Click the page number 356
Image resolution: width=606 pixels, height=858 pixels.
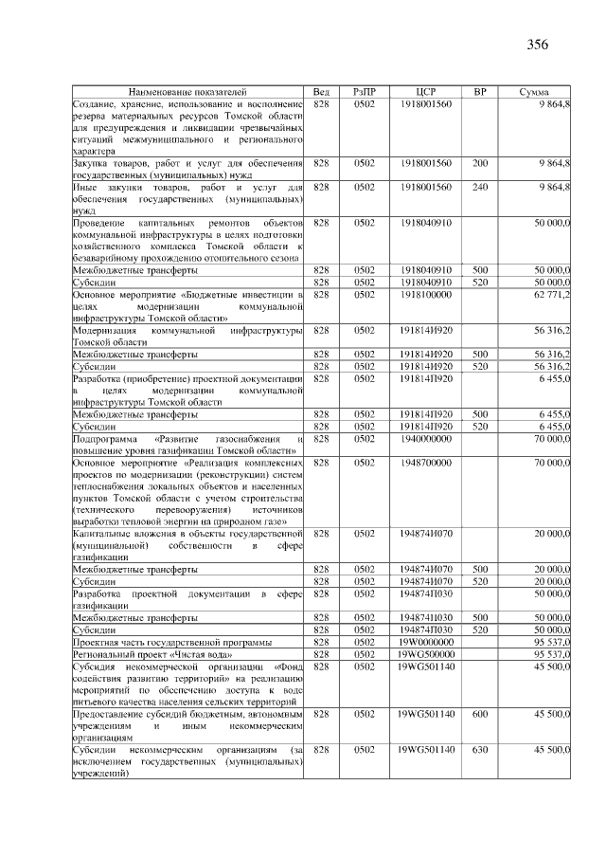point(538,44)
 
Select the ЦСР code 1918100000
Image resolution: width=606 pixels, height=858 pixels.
point(426,295)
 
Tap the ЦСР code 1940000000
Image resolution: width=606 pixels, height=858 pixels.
point(426,439)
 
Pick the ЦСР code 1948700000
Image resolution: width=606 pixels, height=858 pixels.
point(426,463)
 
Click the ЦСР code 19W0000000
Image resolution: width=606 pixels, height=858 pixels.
point(426,642)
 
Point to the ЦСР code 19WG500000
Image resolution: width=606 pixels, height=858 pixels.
point(426,654)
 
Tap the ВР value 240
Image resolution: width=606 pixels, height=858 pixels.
point(480,187)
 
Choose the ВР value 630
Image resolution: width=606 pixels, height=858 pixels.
point(480,749)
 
